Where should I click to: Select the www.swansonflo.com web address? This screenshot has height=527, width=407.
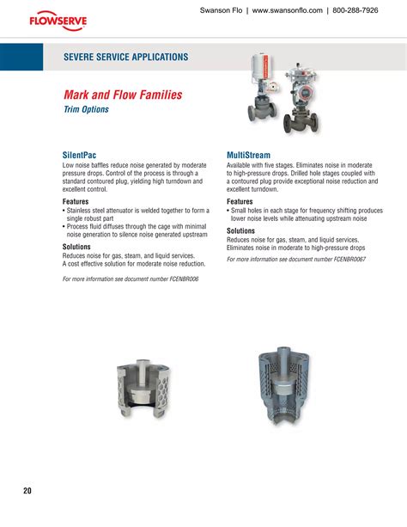click(278, 11)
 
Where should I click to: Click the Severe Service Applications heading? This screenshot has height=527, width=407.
click(125, 57)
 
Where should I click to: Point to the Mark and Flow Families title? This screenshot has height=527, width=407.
click(123, 95)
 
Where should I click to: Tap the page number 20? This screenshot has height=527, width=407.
click(27, 491)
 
